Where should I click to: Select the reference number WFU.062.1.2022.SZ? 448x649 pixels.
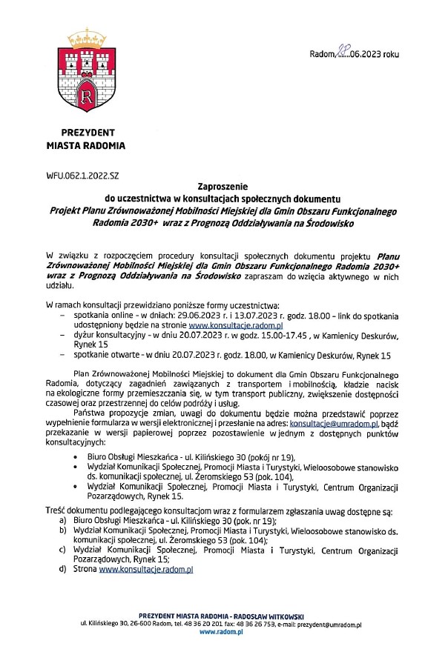[82, 176]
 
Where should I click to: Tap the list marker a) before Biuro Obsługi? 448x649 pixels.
[63, 522]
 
